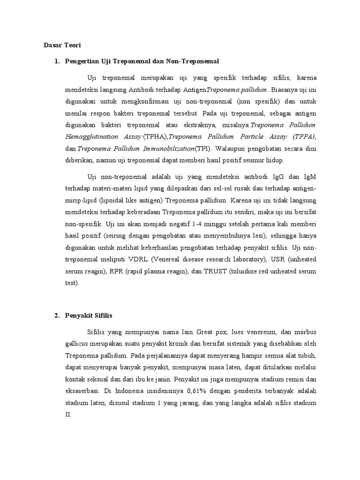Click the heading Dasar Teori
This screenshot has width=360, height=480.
pyautogui.click(x=62, y=45)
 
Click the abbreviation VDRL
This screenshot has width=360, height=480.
pyautogui.click(x=149, y=259)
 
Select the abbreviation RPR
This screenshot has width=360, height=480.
pyautogui.click(x=114, y=271)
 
